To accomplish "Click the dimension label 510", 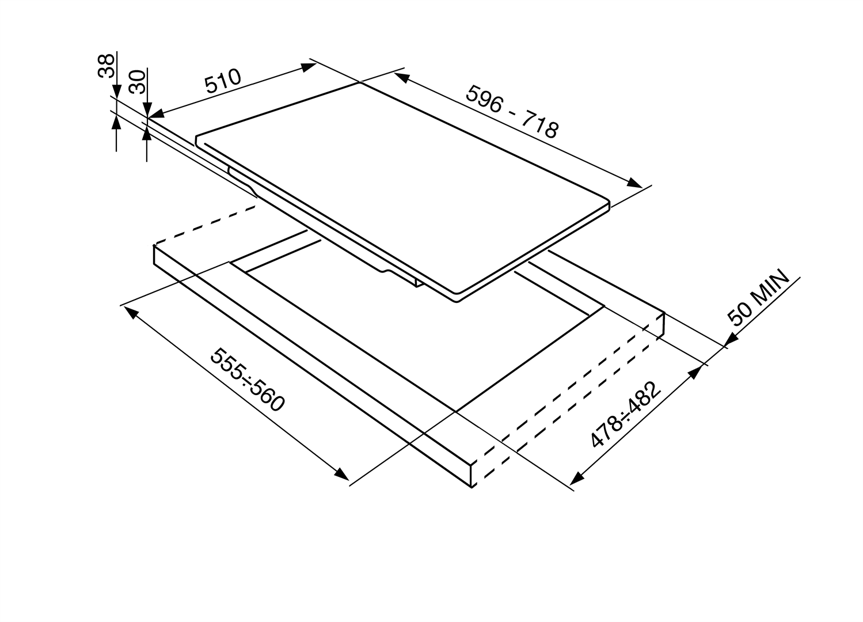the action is click(x=223, y=81).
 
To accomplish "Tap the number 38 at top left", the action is click(x=106, y=66).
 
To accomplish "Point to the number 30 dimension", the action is click(x=137, y=82).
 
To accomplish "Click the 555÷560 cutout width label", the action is click(x=248, y=380).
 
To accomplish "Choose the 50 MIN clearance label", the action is click(x=758, y=297).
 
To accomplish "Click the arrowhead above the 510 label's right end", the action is click(x=309, y=67).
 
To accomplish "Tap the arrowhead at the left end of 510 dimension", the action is click(x=157, y=113).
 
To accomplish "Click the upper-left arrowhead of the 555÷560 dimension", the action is click(x=131, y=313).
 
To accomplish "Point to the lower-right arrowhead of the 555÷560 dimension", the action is click(x=341, y=473).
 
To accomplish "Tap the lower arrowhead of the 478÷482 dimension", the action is click(x=576, y=479).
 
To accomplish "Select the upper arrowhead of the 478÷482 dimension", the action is click(x=695, y=372).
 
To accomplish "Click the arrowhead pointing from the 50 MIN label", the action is click(x=731, y=340).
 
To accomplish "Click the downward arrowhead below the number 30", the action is click(x=147, y=108).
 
